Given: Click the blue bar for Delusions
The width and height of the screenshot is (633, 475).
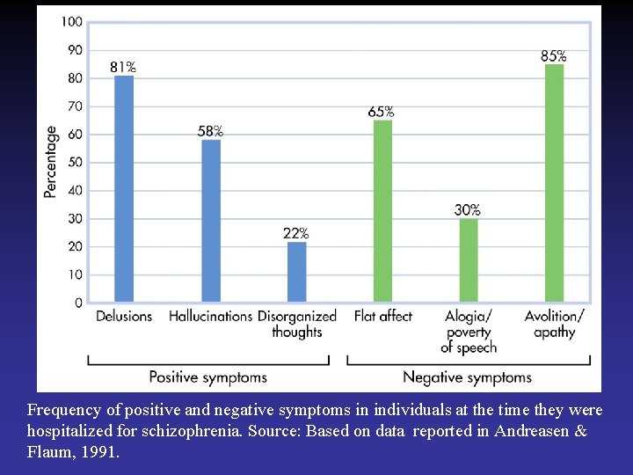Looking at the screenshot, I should (x=124, y=188).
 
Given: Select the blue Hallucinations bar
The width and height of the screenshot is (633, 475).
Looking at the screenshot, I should (x=211, y=221).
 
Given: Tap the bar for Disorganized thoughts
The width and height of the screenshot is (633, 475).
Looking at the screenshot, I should (x=297, y=272).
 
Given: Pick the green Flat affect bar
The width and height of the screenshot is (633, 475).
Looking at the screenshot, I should (x=382, y=211).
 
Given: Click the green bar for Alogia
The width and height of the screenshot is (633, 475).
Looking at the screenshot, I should (x=469, y=260).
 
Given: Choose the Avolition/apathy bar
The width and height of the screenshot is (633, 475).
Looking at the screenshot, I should (x=554, y=183).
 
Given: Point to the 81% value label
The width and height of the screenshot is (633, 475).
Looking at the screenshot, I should (x=123, y=67).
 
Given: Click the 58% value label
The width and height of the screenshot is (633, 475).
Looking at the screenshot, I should (x=210, y=131).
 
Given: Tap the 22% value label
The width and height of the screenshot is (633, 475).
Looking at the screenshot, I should (x=296, y=233).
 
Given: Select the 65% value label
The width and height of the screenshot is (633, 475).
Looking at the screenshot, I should (x=382, y=112).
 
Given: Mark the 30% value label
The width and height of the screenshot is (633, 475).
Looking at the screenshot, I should (x=468, y=210).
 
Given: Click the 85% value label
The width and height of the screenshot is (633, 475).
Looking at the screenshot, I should (x=553, y=56).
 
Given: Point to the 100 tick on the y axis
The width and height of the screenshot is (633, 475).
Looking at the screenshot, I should (x=72, y=21).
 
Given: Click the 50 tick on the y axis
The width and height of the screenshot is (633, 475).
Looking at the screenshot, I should (x=74, y=162).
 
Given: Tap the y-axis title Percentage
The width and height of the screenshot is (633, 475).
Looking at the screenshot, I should (x=51, y=162).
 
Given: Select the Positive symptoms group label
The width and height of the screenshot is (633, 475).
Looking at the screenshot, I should (x=207, y=377).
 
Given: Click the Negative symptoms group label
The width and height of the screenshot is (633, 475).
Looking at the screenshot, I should (x=467, y=377).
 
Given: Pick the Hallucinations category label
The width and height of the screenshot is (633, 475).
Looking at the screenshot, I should (x=210, y=316).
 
